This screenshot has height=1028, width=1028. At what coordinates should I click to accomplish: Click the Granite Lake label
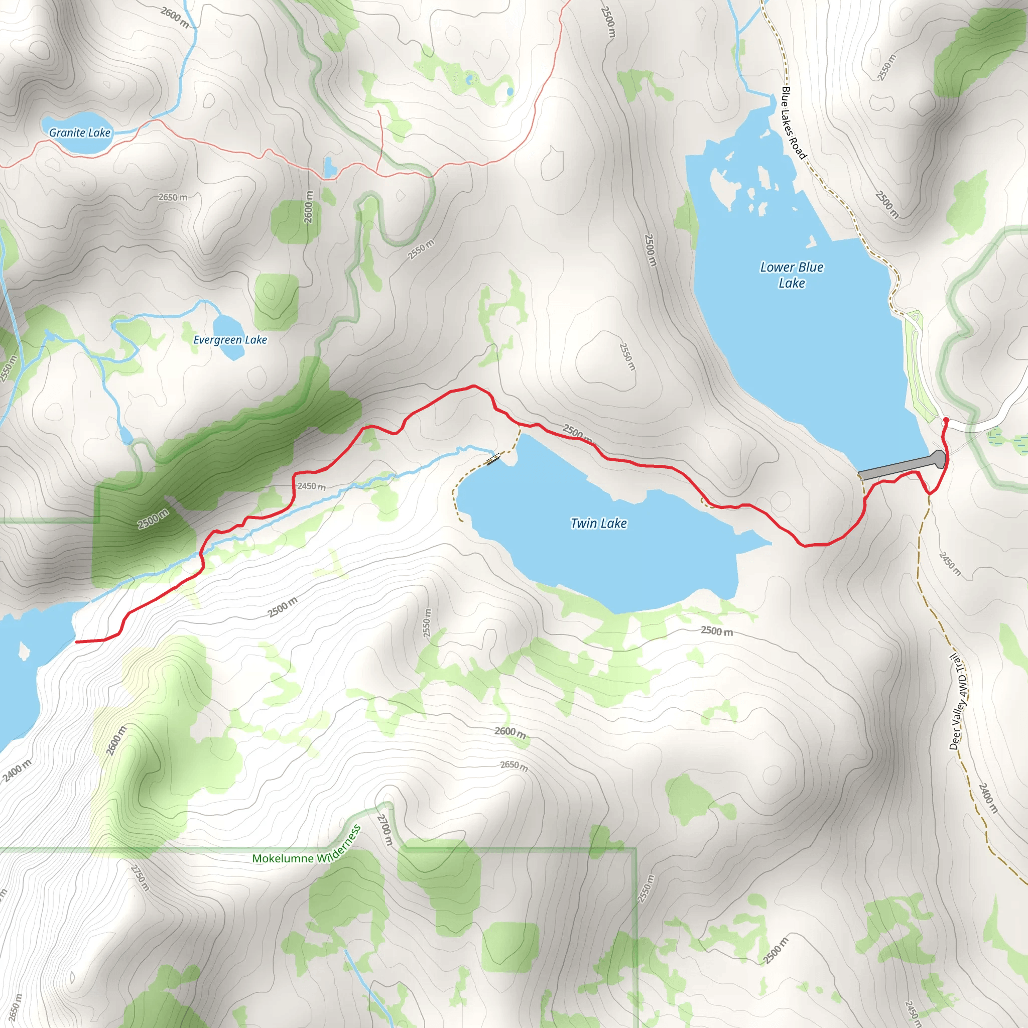80,133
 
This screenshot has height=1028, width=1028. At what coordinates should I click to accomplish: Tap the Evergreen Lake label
230,340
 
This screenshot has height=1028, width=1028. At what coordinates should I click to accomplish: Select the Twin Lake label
599,524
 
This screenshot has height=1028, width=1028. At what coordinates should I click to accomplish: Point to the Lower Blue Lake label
792,275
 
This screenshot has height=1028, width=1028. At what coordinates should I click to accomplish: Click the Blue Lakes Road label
794,122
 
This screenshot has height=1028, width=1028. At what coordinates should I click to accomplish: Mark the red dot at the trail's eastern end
946,420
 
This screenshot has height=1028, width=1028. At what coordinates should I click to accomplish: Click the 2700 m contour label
385,830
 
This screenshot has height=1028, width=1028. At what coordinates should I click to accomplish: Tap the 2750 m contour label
140,878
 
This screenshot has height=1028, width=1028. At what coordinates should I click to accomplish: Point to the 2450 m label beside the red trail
311,486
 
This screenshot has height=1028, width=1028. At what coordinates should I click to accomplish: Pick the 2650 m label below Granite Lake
173,197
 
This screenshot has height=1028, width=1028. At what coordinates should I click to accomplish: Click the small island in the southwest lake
24,650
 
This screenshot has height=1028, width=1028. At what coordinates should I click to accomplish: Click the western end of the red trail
78,641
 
